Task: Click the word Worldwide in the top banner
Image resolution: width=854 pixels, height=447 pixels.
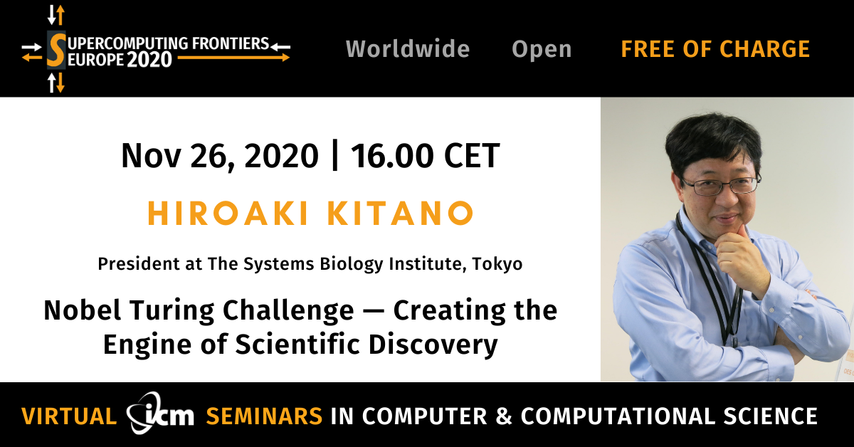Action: [408, 49]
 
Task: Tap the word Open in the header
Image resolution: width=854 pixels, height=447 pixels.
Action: [542, 50]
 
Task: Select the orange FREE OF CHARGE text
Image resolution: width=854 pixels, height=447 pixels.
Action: [715, 49]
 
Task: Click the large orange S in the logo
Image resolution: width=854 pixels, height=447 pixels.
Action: [56, 50]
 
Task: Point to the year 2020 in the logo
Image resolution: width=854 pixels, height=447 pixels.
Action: [149, 60]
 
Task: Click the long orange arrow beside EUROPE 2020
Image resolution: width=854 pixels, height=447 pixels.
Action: [233, 58]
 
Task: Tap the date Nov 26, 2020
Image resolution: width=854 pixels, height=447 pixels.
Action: [220, 156]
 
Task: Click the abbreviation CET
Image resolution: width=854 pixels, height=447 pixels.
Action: [472, 155]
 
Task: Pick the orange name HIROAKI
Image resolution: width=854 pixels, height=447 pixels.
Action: [228, 214]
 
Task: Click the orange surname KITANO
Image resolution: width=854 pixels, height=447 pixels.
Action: [401, 214]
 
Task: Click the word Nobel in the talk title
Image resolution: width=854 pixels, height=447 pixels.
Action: [83, 310]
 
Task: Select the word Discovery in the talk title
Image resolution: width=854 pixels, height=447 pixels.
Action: [433, 345]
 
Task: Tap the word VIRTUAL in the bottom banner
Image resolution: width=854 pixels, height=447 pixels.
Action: [69, 416]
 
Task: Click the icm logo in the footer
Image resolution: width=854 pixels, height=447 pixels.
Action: [160, 414]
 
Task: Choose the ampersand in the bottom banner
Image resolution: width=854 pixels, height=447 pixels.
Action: [504, 416]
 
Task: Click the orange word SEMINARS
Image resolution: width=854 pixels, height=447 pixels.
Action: [264, 416]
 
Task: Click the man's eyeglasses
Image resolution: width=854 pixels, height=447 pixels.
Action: [719, 186]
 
